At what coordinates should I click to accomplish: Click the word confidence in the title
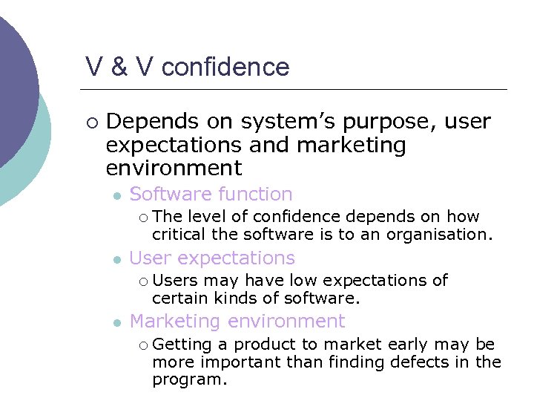[x=225, y=68]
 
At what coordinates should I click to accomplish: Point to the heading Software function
[x=211, y=195]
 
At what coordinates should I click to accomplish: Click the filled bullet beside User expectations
[x=116, y=258]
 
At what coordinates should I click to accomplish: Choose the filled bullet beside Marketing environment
[x=116, y=322]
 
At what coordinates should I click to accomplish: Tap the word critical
[x=179, y=234]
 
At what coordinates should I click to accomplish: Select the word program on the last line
[x=188, y=379]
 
